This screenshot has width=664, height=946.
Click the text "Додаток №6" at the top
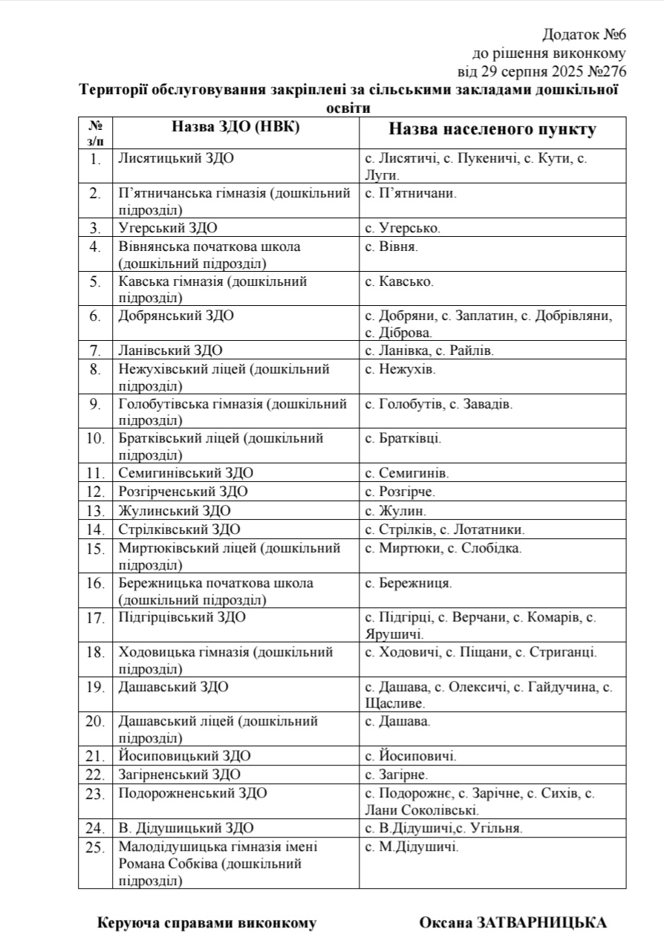click(585, 34)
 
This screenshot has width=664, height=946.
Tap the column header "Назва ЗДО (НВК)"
click(235, 127)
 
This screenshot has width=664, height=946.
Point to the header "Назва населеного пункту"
click(492, 129)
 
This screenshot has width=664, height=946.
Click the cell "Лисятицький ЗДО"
click(178, 158)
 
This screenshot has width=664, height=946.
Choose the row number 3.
click(95, 229)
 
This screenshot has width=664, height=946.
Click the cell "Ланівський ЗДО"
click(171, 350)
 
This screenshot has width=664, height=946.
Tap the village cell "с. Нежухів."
click(400, 369)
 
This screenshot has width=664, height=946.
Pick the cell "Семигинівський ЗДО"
click(186, 473)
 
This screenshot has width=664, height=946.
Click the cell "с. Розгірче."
click(400, 492)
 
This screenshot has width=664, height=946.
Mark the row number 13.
click(95, 511)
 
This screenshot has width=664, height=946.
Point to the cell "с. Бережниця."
click(409, 584)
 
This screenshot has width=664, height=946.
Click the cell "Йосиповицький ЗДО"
click(184, 756)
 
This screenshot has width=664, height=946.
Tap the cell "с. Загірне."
click(395, 774)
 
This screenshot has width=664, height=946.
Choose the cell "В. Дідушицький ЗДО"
click(186, 828)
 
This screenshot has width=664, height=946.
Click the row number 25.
click(95, 847)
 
